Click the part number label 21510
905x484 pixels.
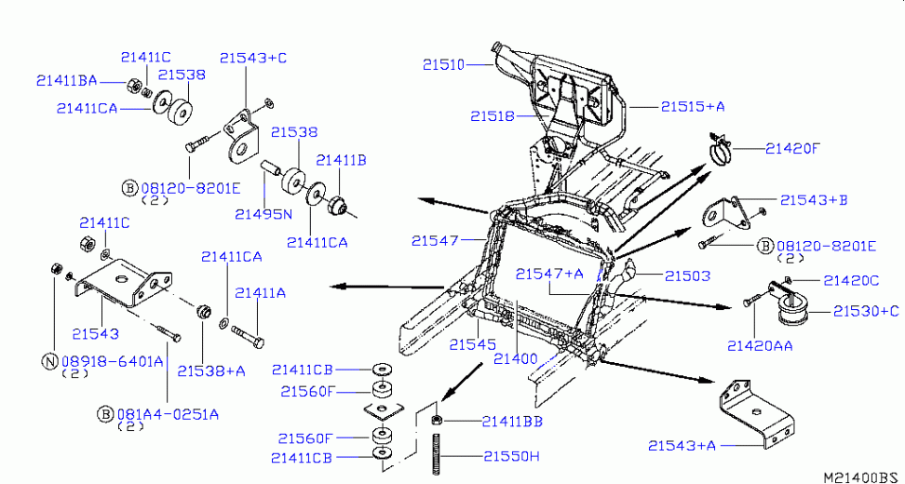(x=442, y=65)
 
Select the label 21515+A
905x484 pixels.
(x=693, y=107)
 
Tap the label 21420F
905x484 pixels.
(x=794, y=148)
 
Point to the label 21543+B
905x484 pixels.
(x=814, y=200)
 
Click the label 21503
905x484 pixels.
(x=687, y=276)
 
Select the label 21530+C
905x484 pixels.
(x=866, y=311)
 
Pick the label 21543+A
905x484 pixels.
(x=682, y=446)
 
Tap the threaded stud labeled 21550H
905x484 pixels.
(x=436, y=455)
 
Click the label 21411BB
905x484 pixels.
(x=511, y=422)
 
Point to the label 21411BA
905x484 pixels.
(x=66, y=80)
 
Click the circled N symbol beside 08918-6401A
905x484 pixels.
(x=48, y=360)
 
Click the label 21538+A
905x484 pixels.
(x=211, y=370)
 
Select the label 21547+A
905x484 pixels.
(x=549, y=274)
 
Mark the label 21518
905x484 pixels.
(x=492, y=116)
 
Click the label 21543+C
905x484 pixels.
(x=253, y=58)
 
